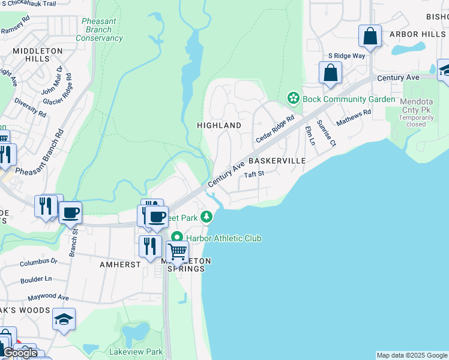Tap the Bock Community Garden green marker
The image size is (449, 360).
pos(294,98)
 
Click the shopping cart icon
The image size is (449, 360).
pos(178,252)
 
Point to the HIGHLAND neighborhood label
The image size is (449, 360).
pos(219,125)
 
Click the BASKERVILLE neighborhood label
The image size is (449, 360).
pos(277,161)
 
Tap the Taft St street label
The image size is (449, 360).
pos(254,174)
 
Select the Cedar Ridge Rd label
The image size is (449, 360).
pos(275,128)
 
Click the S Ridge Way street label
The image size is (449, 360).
pos(346,56)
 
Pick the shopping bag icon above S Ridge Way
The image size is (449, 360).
pos(370,35)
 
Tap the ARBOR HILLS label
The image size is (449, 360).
pos(417,34)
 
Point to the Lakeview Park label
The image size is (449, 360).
pos(136,352)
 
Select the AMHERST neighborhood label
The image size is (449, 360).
pos(120,264)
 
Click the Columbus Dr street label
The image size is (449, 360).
pos(38,262)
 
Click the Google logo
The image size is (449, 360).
pos(20,353)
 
